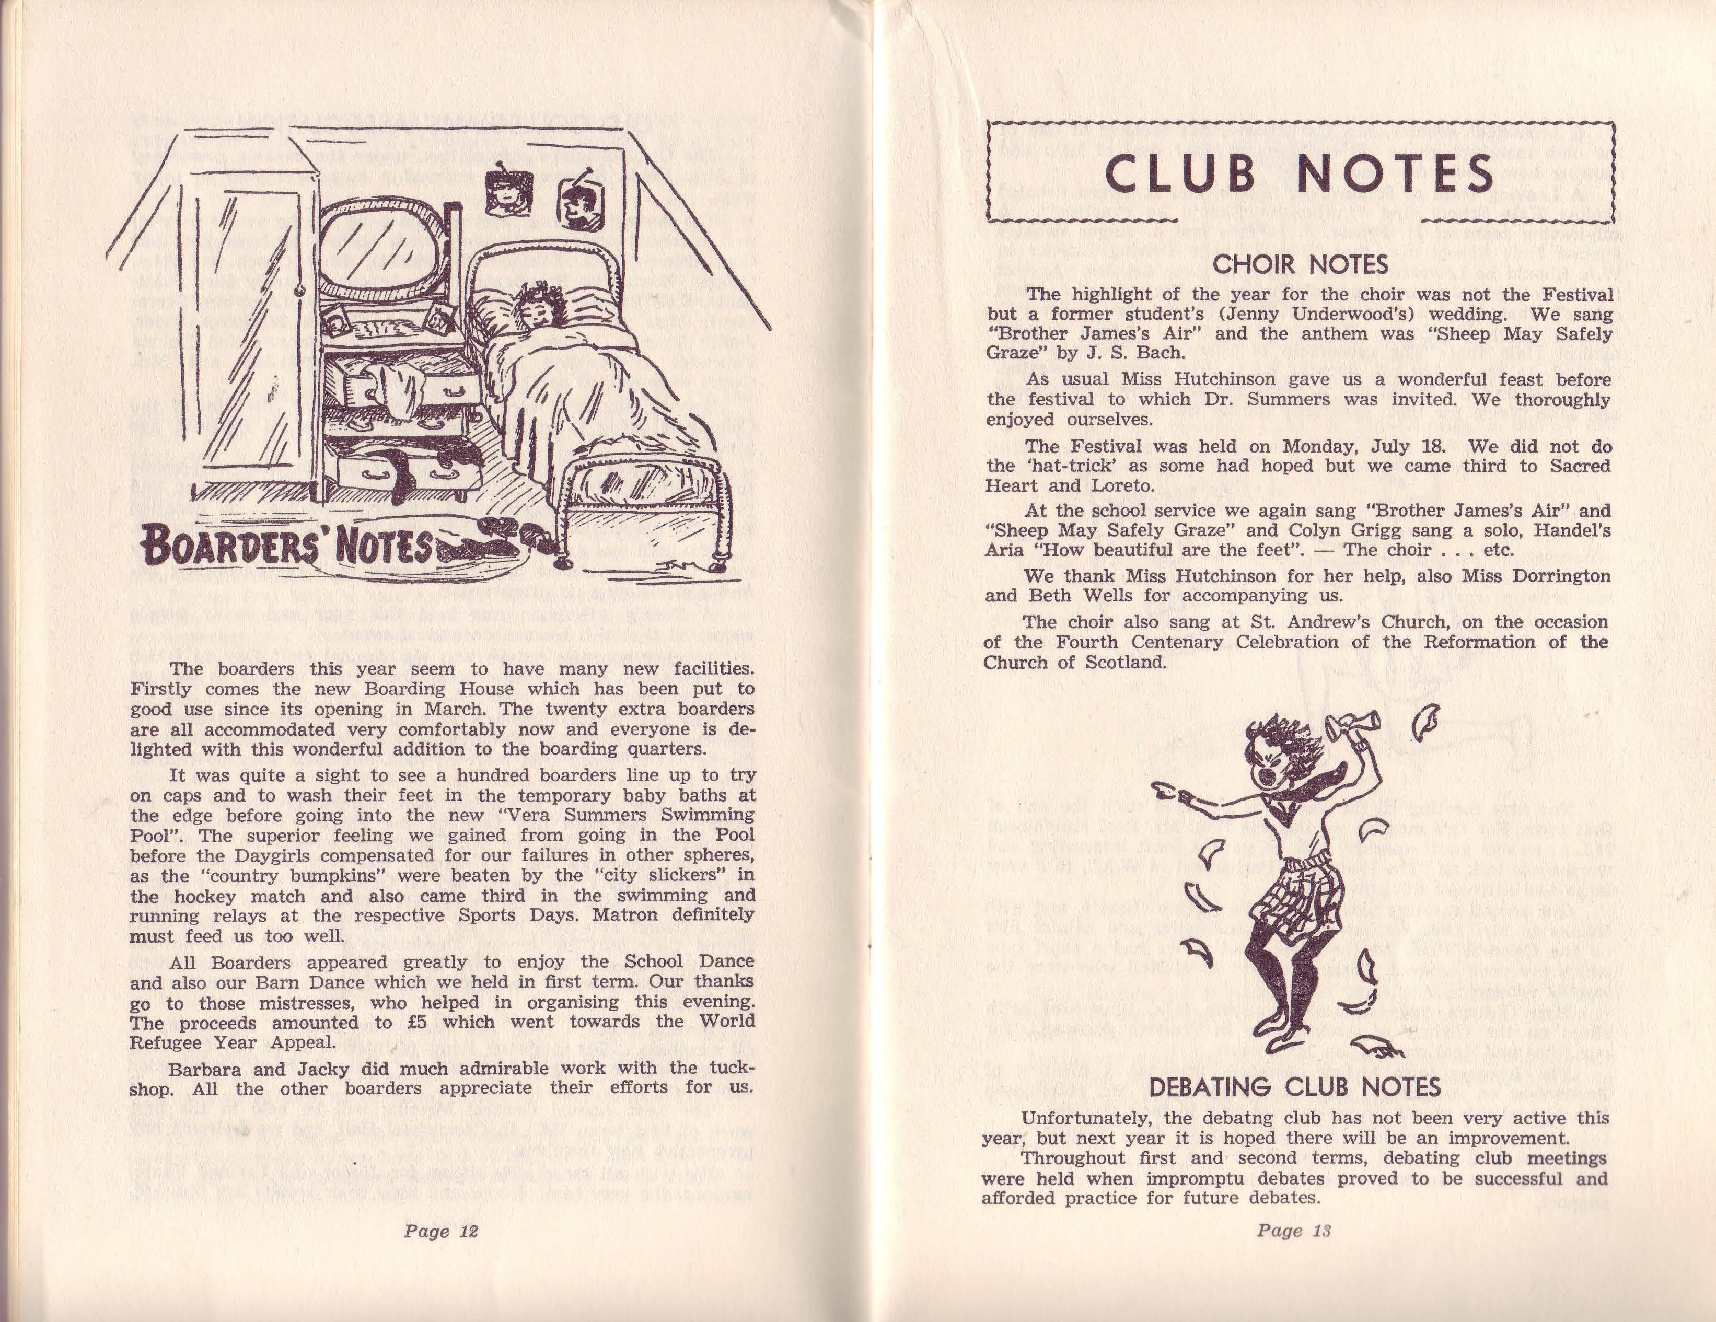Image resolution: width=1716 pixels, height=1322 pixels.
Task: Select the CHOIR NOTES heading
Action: pos(1301,265)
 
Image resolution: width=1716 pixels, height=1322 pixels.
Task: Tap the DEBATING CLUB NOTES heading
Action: pos(1295,1087)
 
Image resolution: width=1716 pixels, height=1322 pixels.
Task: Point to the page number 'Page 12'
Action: pos(441,1231)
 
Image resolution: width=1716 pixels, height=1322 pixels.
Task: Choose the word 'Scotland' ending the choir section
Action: pos(1125,662)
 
